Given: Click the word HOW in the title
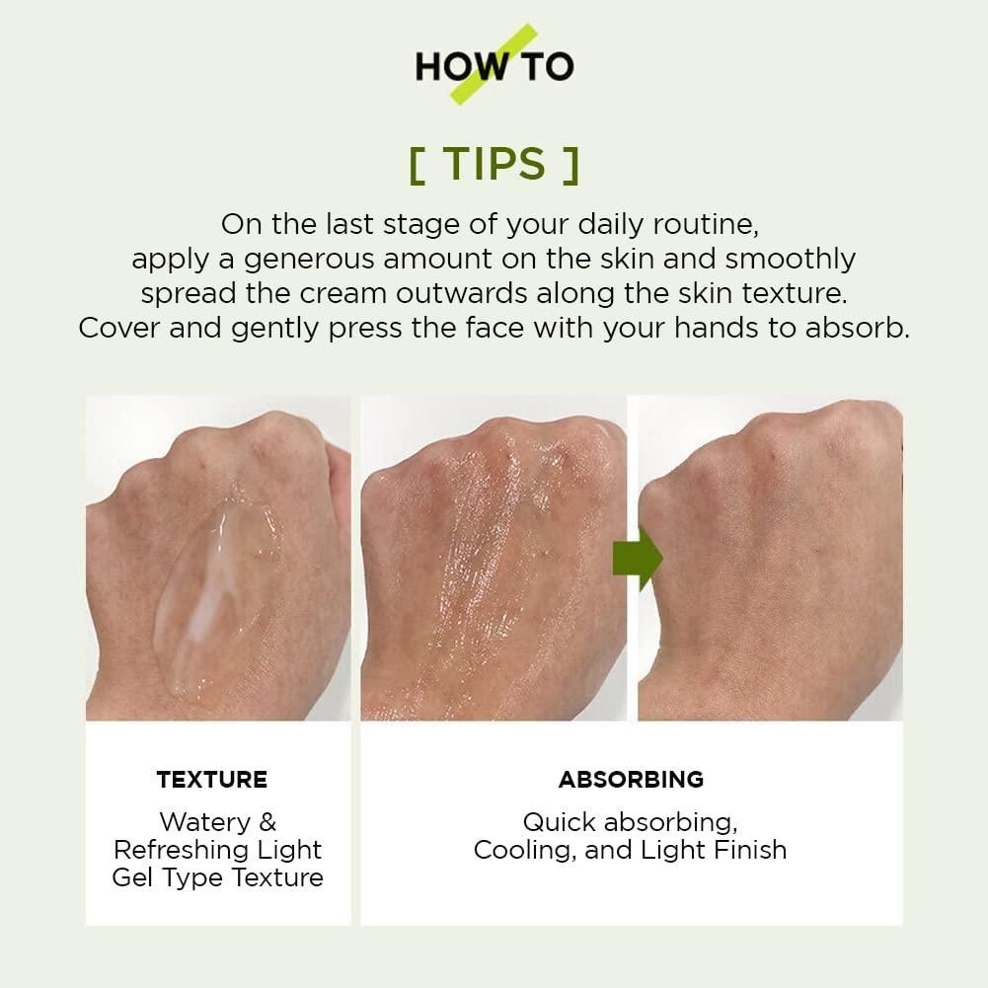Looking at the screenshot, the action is click(463, 66).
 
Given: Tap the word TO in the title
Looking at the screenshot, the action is click(548, 66).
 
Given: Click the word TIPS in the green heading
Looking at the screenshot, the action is click(494, 164).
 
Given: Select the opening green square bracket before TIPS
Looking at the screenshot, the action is click(417, 166).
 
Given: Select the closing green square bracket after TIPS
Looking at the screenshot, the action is click(571, 166).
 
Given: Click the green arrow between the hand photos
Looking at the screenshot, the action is click(637, 559).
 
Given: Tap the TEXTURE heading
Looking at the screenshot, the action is click(212, 780).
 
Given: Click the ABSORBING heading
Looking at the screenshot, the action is click(631, 780).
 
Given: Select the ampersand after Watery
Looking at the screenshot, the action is click(267, 821).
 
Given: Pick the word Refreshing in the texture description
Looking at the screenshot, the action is click(182, 850).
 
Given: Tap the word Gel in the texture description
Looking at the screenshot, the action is click(132, 877).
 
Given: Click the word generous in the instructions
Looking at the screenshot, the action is click(309, 260).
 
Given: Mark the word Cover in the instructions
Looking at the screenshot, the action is click(118, 329).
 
